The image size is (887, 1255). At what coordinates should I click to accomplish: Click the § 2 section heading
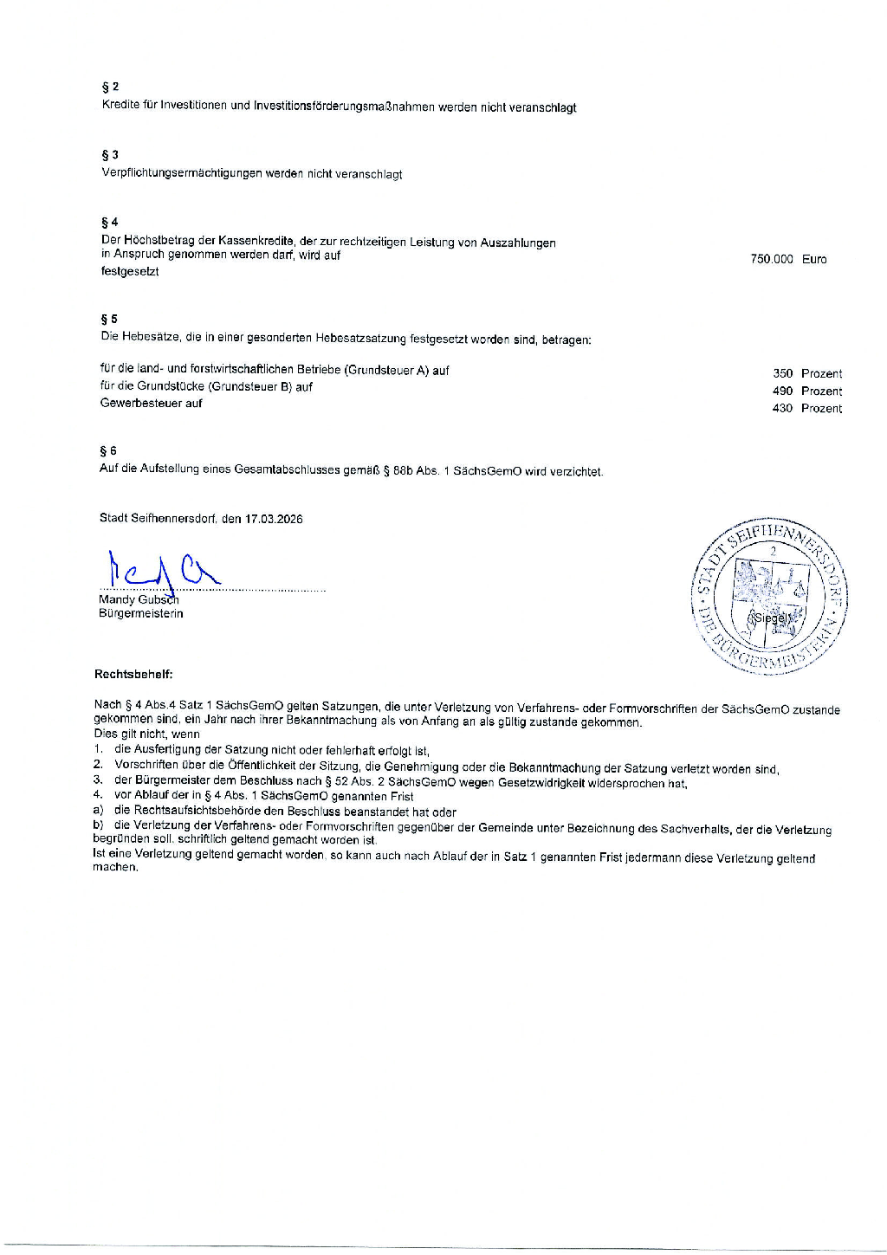click(x=110, y=87)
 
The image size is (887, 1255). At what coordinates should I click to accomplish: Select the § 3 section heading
click(x=110, y=155)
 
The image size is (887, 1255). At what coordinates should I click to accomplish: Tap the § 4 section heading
click(x=109, y=223)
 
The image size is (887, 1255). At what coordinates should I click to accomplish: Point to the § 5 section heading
click(x=109, y=320)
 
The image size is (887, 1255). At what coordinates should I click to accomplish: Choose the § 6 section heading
click(x=108, y=451)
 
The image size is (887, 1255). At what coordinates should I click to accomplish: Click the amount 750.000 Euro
click(x=788, y=259)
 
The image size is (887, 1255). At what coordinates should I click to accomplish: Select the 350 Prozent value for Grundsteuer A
click(x=806, y=373)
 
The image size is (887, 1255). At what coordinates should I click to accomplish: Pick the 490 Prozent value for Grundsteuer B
click(x=806, y=391)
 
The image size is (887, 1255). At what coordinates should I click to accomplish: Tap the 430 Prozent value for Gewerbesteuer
click(x=806, y=408)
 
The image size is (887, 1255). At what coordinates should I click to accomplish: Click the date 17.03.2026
click(x=274, y=519)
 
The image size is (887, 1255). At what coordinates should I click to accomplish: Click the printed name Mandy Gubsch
click(x=139, y=599)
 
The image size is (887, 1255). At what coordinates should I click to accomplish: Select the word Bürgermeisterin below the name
click(x=141, y=614)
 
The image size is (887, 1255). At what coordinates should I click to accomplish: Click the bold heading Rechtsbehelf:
click(x=133, y=674)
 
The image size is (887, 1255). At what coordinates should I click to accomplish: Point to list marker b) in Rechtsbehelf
click(x=99, y=825)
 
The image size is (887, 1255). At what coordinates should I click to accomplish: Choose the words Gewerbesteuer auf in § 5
click(x=152, y=403)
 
